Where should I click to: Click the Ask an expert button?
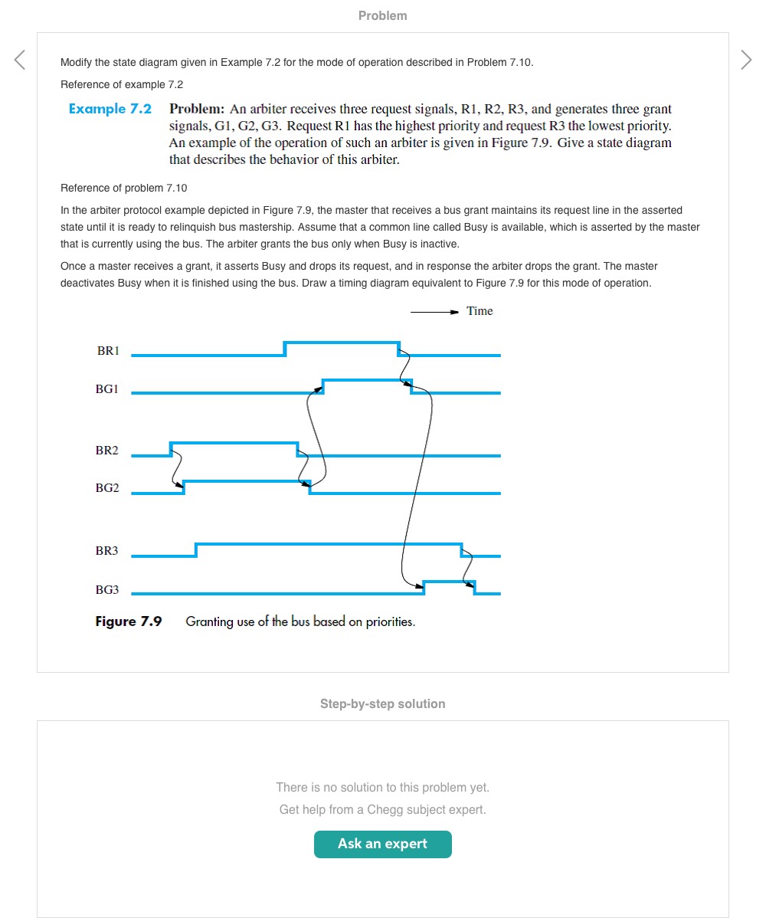(383, 844)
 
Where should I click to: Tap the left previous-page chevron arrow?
(20, 60)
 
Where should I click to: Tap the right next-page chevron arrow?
(746, 60)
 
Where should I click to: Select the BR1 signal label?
(108, 351)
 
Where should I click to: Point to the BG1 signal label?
(107, 389)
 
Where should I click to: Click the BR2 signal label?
(107, 451)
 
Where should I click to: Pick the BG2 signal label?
(107, 488)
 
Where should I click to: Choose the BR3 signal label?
(107, 551)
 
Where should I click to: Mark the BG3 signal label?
(107, 590)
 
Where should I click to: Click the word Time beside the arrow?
(480, 311)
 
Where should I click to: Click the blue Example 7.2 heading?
(110, 109)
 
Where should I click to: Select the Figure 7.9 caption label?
(129, 621)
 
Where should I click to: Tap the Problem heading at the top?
(383, 15)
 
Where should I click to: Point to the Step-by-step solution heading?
(383, 703)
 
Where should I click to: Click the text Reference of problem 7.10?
(123, 188)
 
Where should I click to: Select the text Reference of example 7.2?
(122, 84)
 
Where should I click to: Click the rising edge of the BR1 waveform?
(285, 349)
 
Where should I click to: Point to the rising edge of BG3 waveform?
(424, 588)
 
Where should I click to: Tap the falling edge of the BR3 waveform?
(461, 549)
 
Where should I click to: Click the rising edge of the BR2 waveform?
(171, 449)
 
